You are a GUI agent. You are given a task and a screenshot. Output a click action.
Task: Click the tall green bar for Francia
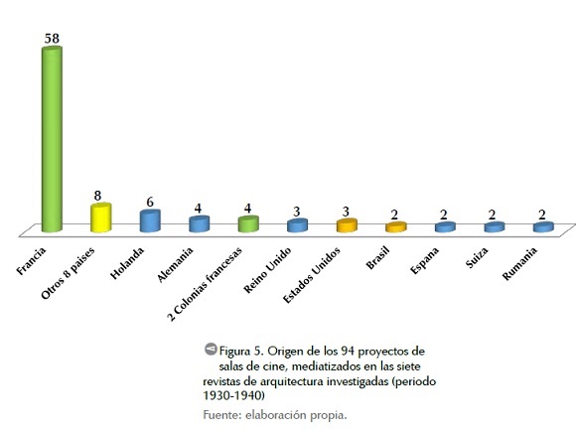click(52, 139)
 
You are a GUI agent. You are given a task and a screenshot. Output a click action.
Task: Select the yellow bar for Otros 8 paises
click(100, 217)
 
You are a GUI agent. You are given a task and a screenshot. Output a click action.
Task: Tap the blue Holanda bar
click(150, 220)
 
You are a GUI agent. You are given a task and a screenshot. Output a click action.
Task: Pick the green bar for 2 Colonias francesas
click(248, 223)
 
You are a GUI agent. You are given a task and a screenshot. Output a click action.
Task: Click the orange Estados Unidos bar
click(347, 225)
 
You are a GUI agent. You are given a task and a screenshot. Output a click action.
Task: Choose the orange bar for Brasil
click(396, 226)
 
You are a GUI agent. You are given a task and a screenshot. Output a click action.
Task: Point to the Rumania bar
click(543, 226)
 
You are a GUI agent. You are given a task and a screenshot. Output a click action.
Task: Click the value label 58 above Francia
click(52, 38)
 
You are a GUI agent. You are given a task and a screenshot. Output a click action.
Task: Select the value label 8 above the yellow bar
click(97, 196)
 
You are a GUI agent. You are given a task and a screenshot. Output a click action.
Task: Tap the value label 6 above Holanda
click(150, 203)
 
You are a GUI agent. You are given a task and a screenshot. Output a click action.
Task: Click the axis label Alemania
click(175, 264)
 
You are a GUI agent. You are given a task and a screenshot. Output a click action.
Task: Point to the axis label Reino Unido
click(267, 270)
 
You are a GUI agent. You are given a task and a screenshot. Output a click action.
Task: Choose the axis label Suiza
click(477, 257)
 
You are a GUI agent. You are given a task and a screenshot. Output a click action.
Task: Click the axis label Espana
click(424, 260)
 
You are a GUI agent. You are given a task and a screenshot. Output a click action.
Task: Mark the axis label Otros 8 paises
click(68, 273)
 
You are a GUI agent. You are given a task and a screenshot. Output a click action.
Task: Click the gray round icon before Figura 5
click(211, 349)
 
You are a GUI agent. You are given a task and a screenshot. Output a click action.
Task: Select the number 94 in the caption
click(348, 352)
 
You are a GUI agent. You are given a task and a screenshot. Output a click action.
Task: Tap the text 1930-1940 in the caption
click(233, 395)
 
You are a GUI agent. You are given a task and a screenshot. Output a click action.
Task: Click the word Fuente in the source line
click(221, 415)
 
